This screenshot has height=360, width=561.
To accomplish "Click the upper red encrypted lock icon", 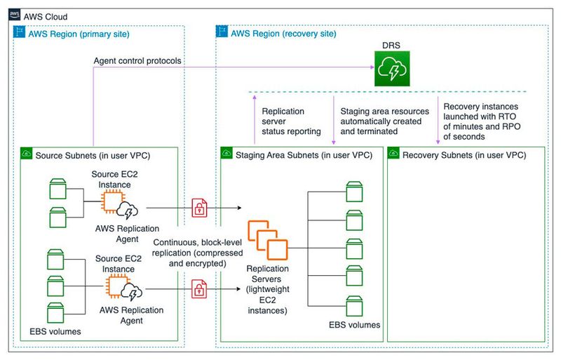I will (x=199, y=206).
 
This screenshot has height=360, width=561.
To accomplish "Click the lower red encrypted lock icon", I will (x=199, y=288).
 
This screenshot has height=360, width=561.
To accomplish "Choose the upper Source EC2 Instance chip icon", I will (x=114, y=203).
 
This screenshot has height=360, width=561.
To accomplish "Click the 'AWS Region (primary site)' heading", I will (x=76, y=32).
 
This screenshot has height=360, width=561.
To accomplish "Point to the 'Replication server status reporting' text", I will (x=291, y=121).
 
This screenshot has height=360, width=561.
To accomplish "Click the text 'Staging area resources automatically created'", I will (x=383, y=121).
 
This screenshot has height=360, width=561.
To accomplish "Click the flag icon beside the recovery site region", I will (x=222, y=32).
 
